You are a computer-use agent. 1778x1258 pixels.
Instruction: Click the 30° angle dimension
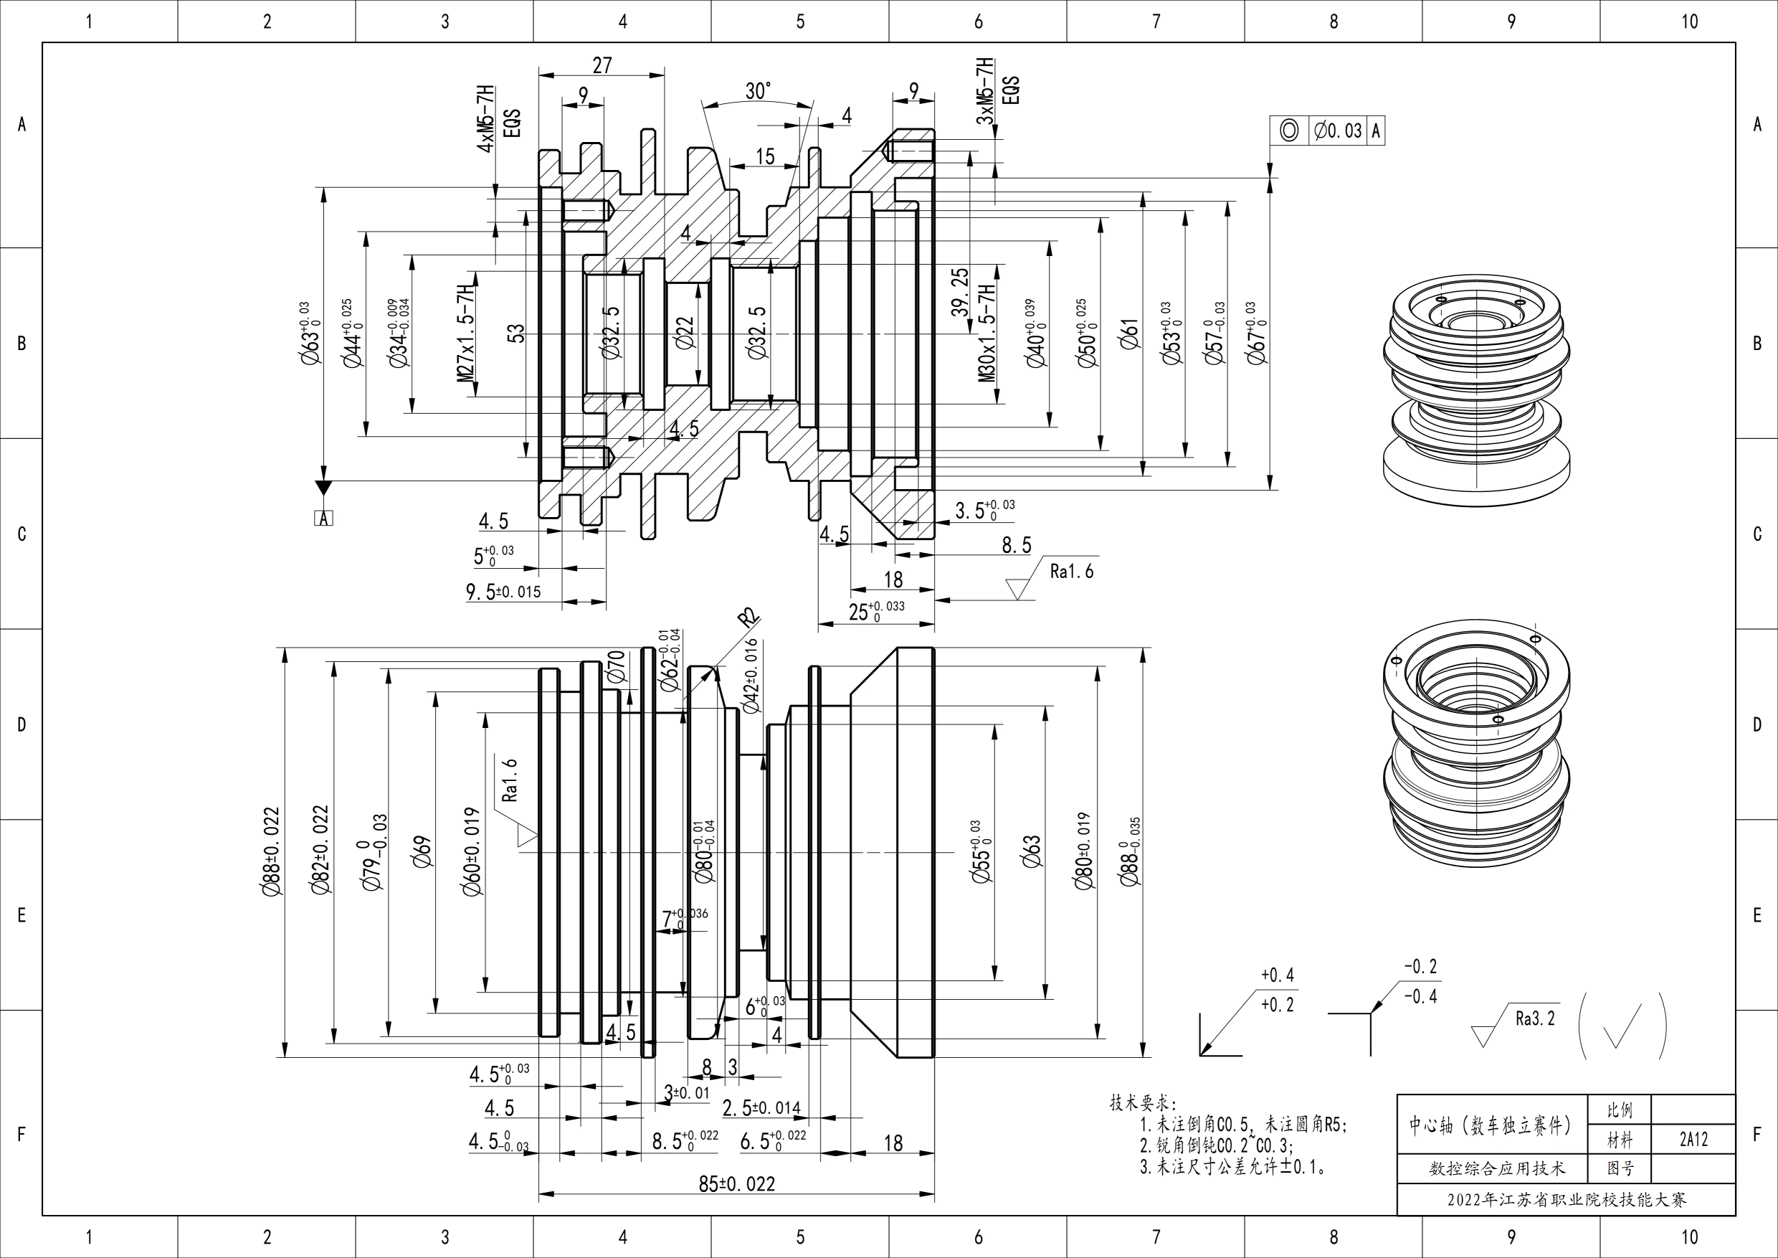click(758, 91)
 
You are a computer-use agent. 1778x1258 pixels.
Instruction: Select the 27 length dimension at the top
click(602, 65)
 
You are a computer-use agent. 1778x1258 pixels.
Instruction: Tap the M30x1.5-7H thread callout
click(986, 333)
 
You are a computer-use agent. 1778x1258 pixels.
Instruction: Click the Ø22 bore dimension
click(685, 333)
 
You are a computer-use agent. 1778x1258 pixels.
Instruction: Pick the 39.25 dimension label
click(960, 292)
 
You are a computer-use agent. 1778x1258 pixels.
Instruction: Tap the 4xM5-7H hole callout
click(486, 119)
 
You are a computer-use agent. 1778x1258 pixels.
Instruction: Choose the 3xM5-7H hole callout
click(985, 91)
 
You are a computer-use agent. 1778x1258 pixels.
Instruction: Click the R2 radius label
click(748, 618)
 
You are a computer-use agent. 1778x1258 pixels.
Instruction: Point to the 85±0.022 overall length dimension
click(736, 1183)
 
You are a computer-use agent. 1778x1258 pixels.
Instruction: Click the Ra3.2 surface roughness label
click(1535, 1018)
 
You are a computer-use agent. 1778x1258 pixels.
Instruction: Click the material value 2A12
click(1693, 1140)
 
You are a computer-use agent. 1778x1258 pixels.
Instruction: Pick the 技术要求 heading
click(1142, 1103)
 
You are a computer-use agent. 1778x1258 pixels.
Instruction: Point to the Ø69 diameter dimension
click(423, 851)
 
